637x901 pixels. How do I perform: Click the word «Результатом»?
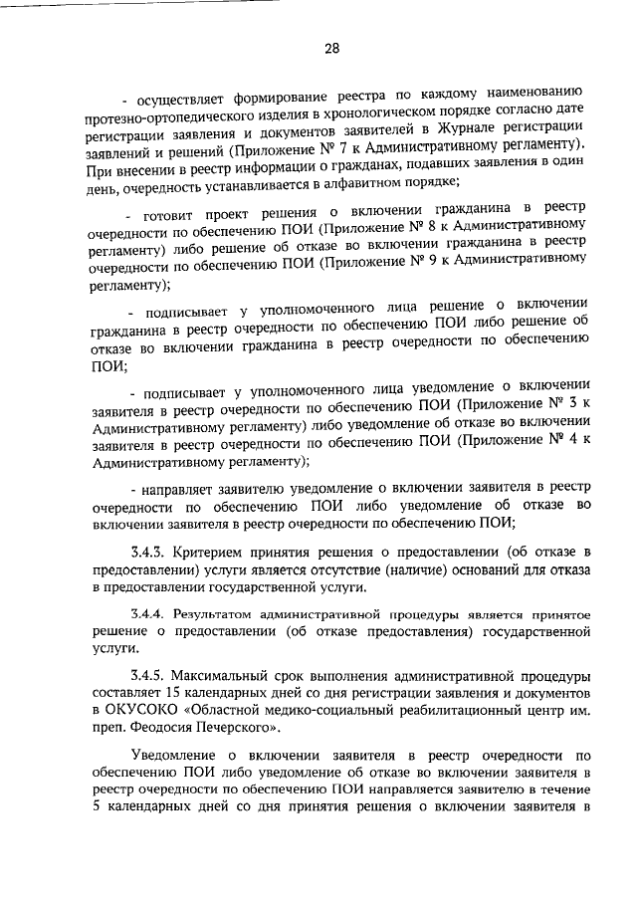point(221,615)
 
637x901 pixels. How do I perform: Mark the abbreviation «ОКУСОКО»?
point(142,710)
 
